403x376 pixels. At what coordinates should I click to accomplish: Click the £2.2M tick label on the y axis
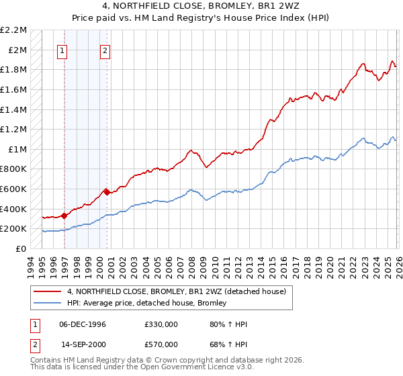(x=13, y=30)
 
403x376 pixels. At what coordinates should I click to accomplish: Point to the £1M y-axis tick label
(x=17, y=149)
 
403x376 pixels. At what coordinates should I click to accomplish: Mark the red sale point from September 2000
(x=107, y=192)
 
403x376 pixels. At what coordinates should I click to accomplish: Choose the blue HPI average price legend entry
(x=147, y=303)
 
